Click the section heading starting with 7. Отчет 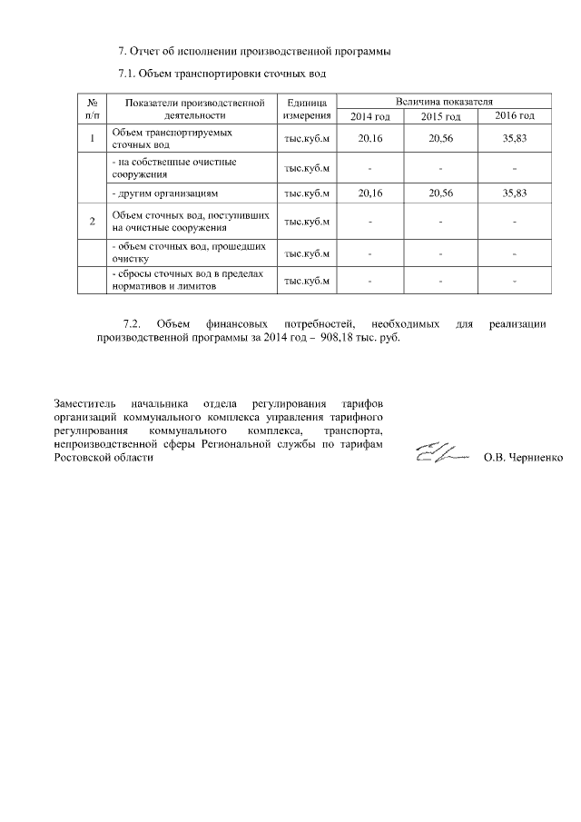tap(254, 49)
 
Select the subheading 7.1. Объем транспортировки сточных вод tap(222, 73)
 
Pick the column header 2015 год tap(441, 117)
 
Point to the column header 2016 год tap(514, 116)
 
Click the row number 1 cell tap(92, 138)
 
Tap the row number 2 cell tap(92, 221)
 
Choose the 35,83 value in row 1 tap(514, 138)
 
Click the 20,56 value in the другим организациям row tap(441, 193)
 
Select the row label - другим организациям tap(163, 193)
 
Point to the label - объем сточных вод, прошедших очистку tap(188, 252)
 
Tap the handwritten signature tap(441, 451)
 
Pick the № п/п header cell tap(92, 109)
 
